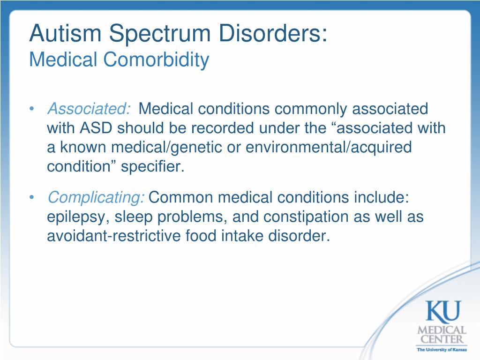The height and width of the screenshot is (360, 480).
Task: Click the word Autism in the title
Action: point(65,33)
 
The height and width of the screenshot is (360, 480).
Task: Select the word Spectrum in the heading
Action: point(160,34)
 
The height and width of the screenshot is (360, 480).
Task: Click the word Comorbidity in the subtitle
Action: point(156,60)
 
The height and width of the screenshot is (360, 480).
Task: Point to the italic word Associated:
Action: point(89,109)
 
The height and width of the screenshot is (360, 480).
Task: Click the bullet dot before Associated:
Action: point(31,109)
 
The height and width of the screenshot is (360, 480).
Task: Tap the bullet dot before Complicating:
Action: point(31,197)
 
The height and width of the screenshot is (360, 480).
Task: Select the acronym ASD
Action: point(96,128)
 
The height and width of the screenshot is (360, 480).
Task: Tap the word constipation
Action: point(306,217)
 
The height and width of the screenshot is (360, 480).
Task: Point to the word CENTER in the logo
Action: point(442,339)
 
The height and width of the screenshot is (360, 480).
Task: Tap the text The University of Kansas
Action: point(442,350)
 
